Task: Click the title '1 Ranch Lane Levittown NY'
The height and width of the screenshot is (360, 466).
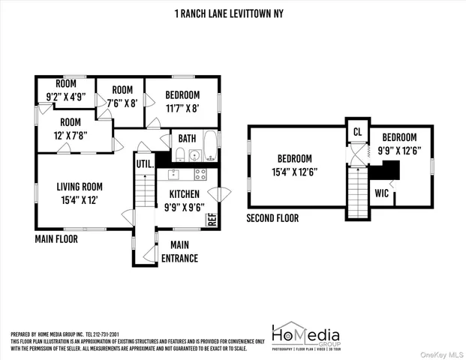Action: point(233,13)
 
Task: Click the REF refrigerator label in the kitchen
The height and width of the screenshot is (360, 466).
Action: point(212,220)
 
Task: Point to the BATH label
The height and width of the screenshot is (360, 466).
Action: point(186,138)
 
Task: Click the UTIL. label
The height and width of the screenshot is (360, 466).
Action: point(143,163)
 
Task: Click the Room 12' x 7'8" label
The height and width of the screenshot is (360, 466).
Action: point(71,128)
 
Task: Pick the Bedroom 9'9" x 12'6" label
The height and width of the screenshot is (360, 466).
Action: point(400,143)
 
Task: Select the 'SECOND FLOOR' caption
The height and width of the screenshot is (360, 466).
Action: point(272,218)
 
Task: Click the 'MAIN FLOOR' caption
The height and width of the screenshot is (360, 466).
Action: point(56,239)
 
